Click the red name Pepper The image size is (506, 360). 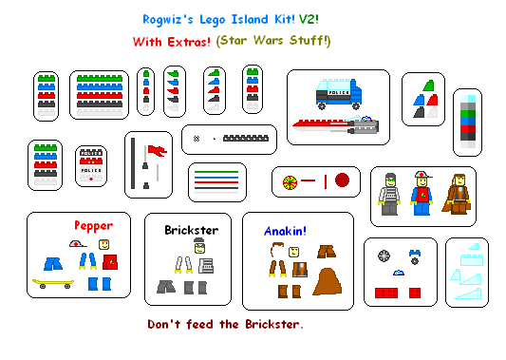[94, 226]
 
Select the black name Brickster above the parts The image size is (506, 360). [191, 231]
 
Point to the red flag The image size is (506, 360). [157, 149]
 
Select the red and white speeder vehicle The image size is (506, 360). [332, 124]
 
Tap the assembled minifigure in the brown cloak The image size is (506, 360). [459, 193]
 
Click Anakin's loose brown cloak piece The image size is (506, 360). [328, 282]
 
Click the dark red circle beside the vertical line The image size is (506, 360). [343, 180]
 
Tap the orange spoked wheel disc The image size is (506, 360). [290, 180]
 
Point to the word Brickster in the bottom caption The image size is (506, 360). [267, 325]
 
